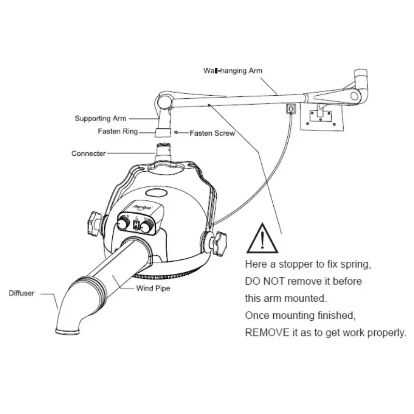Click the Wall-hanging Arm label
[x=233, y=70]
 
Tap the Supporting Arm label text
[x=100, y=119]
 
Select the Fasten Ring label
[x=118, y=131]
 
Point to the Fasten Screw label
[x=212, y=133]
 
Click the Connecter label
[x=88, y=153]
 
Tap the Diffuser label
[x=21, y=293]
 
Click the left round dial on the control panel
[x=123, y=224]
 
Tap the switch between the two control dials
[x=136, y=225]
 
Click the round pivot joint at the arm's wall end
[x=354, y=95]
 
